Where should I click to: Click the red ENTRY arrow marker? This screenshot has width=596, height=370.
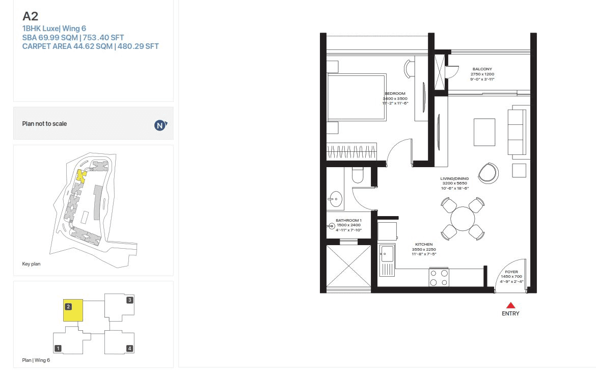pyautogui.click(x=510, y=305)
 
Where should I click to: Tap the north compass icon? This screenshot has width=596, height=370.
pyautogui.click(x=160, y=125)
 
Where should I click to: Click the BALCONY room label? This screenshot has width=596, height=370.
pyautogui.click(x=482, y=69)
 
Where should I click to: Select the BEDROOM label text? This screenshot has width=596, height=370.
pyautogui.click(x=395, y=94)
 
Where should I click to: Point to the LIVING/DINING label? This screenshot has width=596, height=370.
pyautogui.click(x=454, y=179)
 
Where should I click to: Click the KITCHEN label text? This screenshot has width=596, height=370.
pyautogui.click(x=423, y=245)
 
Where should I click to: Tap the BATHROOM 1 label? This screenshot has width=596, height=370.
pyautogui.click(x=348, y=221)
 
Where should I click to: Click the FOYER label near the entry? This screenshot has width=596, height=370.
pyautogui.click(x=511, y=272)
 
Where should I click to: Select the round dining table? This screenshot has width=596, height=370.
pyautogui.click(x=463, y=219)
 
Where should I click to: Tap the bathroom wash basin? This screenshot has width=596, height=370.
pyautogui.click(x=335, y=199)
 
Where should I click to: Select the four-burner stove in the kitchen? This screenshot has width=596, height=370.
pyautogui.click(x=439, y=277)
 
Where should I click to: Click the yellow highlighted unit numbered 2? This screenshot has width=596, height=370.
pyautogui.click(x=73, y=310)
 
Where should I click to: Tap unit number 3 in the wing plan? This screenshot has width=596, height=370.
pyautogui.click(x=130, y=300)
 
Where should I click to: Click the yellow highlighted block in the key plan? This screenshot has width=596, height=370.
pyautogui.click(x=80, y=176)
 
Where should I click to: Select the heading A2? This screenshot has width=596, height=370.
pyautogui.click(x=31, y=16)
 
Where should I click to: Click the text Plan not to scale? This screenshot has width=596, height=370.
pyautogui.click(x=44, y=124)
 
